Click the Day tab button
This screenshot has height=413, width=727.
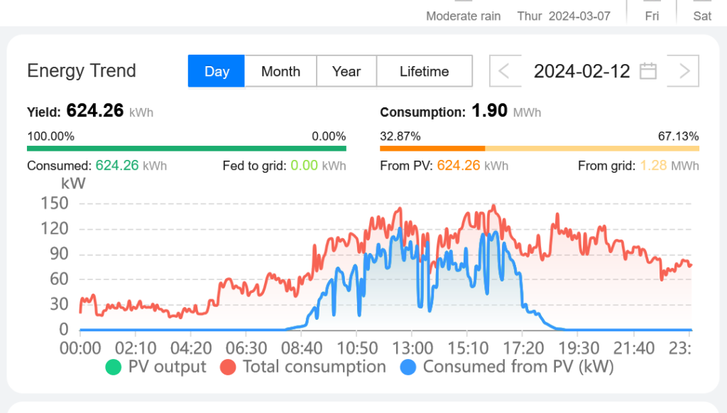(217, 71)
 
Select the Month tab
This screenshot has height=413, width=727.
(280, 71)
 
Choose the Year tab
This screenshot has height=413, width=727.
(346, 71)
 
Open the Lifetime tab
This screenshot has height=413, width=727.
(424, 71)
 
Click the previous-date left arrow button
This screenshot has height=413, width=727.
(504, 71)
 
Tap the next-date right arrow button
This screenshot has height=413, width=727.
(684, 71)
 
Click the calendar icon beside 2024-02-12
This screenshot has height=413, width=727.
(647, 71)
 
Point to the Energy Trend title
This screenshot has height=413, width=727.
(82, 71)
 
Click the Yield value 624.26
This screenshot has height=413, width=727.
(95, 111)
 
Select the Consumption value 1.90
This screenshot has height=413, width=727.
(489, 111)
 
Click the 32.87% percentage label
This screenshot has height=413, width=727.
(400, 136)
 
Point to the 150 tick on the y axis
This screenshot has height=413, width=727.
(54, 203)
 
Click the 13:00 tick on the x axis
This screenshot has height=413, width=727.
(412, 348)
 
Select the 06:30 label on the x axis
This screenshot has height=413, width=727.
(246, 348)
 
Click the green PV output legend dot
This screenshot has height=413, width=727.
(113, 368)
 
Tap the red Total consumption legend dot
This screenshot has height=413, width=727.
(228, 368)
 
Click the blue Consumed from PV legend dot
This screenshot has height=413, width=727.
(408, 368)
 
